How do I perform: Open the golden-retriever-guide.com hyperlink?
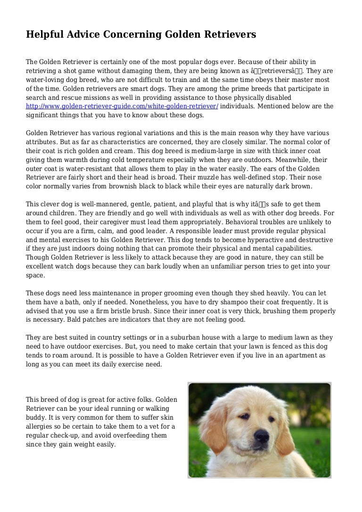[122, 106]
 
